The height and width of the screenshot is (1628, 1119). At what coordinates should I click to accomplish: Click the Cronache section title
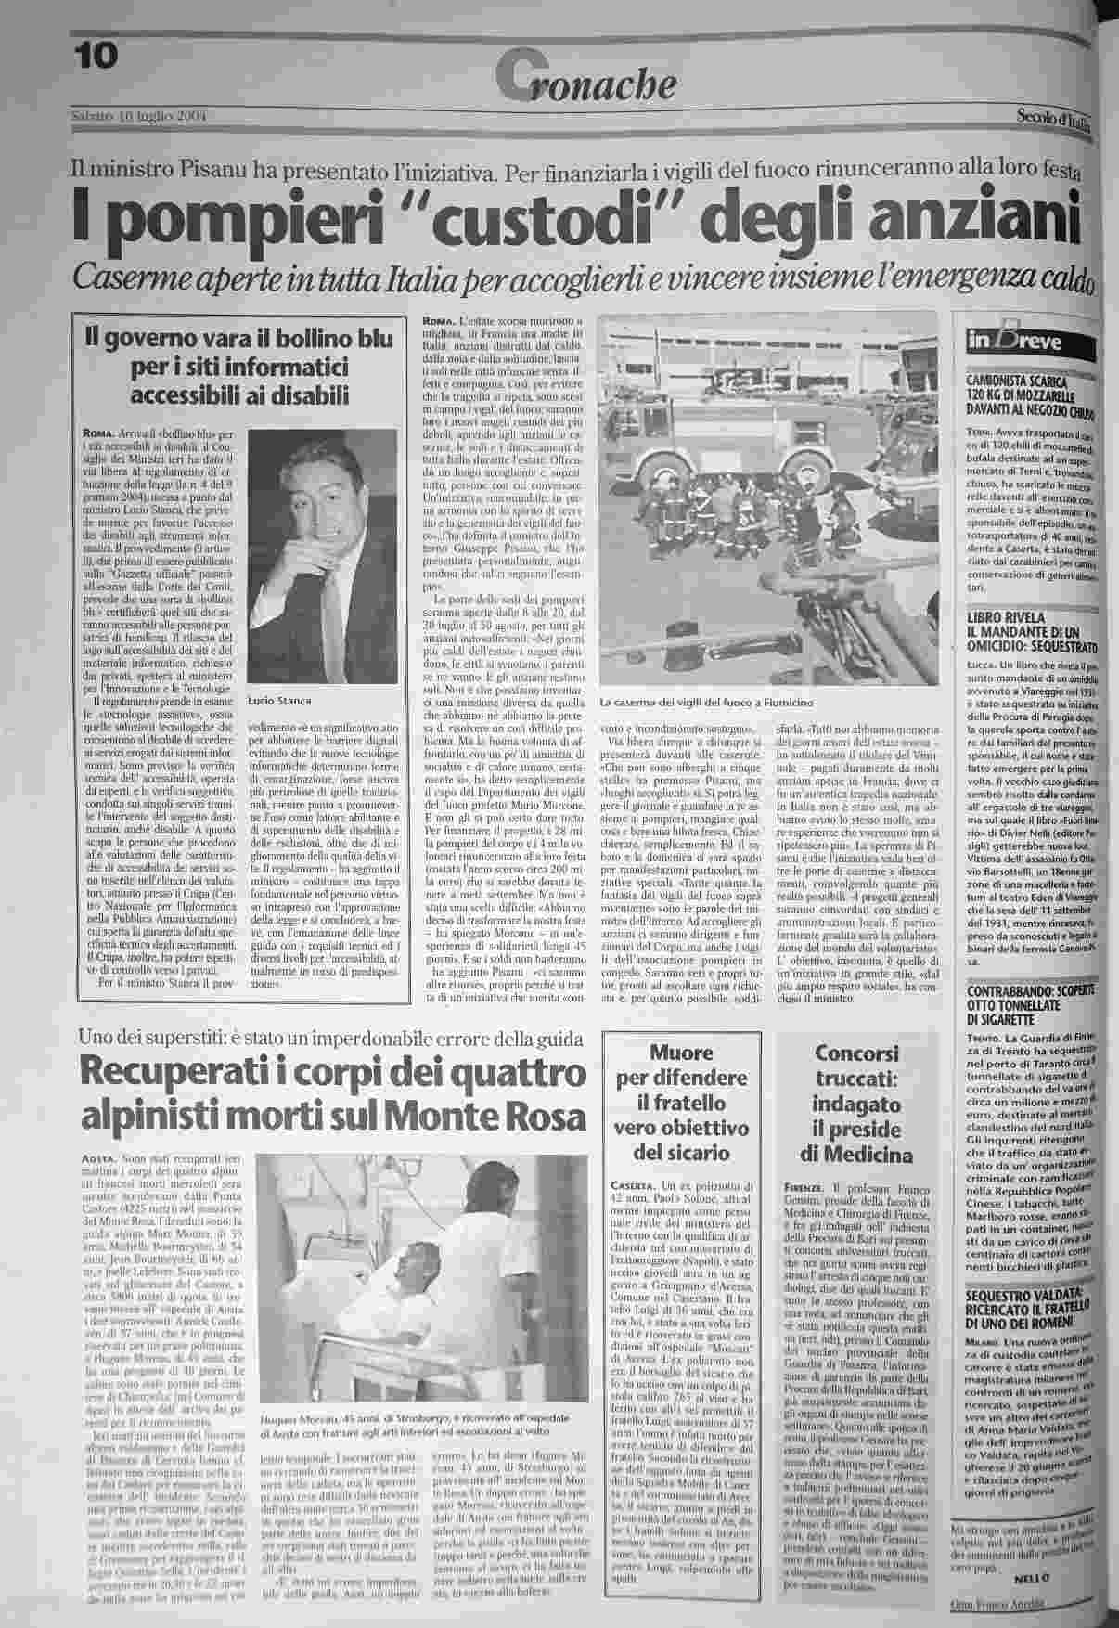(585, 81)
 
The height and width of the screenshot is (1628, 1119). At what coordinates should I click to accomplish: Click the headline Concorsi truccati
(856, 1105)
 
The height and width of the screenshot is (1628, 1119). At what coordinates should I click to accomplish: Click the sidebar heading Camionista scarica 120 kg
(1030, 394)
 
